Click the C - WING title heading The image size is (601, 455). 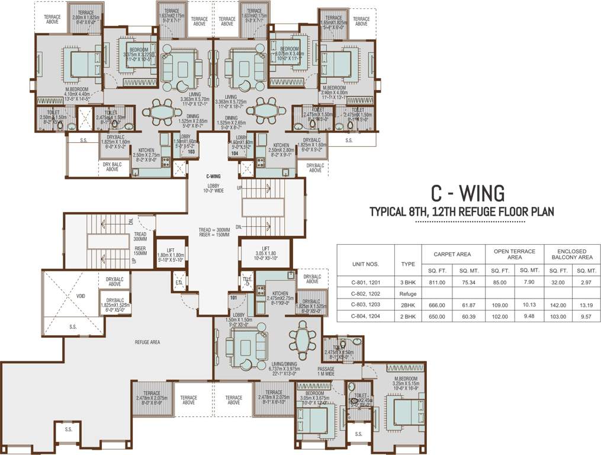[x=467, y=193]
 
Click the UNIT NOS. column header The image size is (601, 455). [x=365, y=264]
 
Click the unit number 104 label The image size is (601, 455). [x=234, y=153]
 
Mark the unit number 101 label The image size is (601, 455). [x=234, y=297]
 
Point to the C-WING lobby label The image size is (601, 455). [x=214, y=176]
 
